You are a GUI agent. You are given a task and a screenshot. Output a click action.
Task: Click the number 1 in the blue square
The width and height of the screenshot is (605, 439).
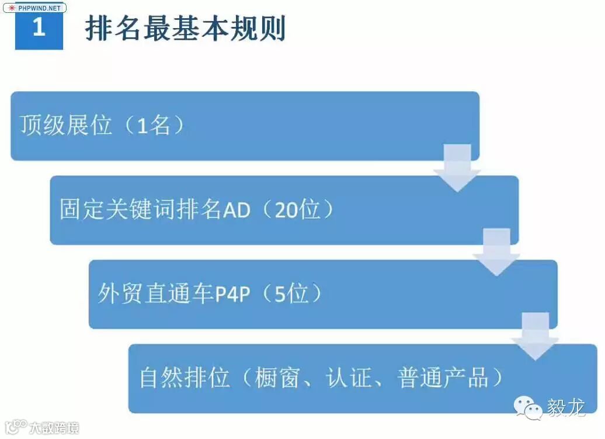tap(39, 27)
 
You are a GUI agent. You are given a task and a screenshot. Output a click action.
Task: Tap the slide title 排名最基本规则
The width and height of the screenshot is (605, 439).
tap(185, 28)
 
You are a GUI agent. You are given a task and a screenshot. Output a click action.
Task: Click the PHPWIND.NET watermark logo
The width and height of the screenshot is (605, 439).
tap(34, 8)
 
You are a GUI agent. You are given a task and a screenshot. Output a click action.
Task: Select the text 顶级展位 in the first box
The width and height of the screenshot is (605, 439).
tap(65, 125)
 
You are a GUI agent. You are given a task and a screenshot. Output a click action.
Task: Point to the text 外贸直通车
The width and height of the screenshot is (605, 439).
tap(156, 294)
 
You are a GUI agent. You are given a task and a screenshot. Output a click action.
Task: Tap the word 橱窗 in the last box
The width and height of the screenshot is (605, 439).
tap(277, 378)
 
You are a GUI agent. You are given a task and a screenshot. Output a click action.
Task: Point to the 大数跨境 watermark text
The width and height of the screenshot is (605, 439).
tap(55, 427)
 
